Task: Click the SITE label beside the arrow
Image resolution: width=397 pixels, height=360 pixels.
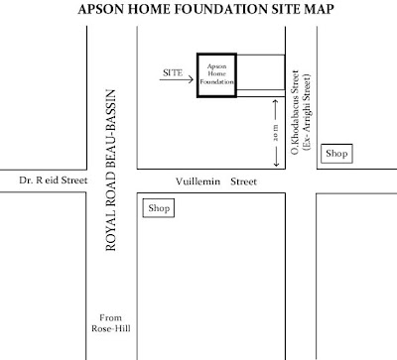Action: tap(170, 72)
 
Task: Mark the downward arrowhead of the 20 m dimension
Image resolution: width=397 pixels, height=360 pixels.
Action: tap(275, 164)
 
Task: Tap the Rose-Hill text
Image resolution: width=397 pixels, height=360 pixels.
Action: tap(99, 332)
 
